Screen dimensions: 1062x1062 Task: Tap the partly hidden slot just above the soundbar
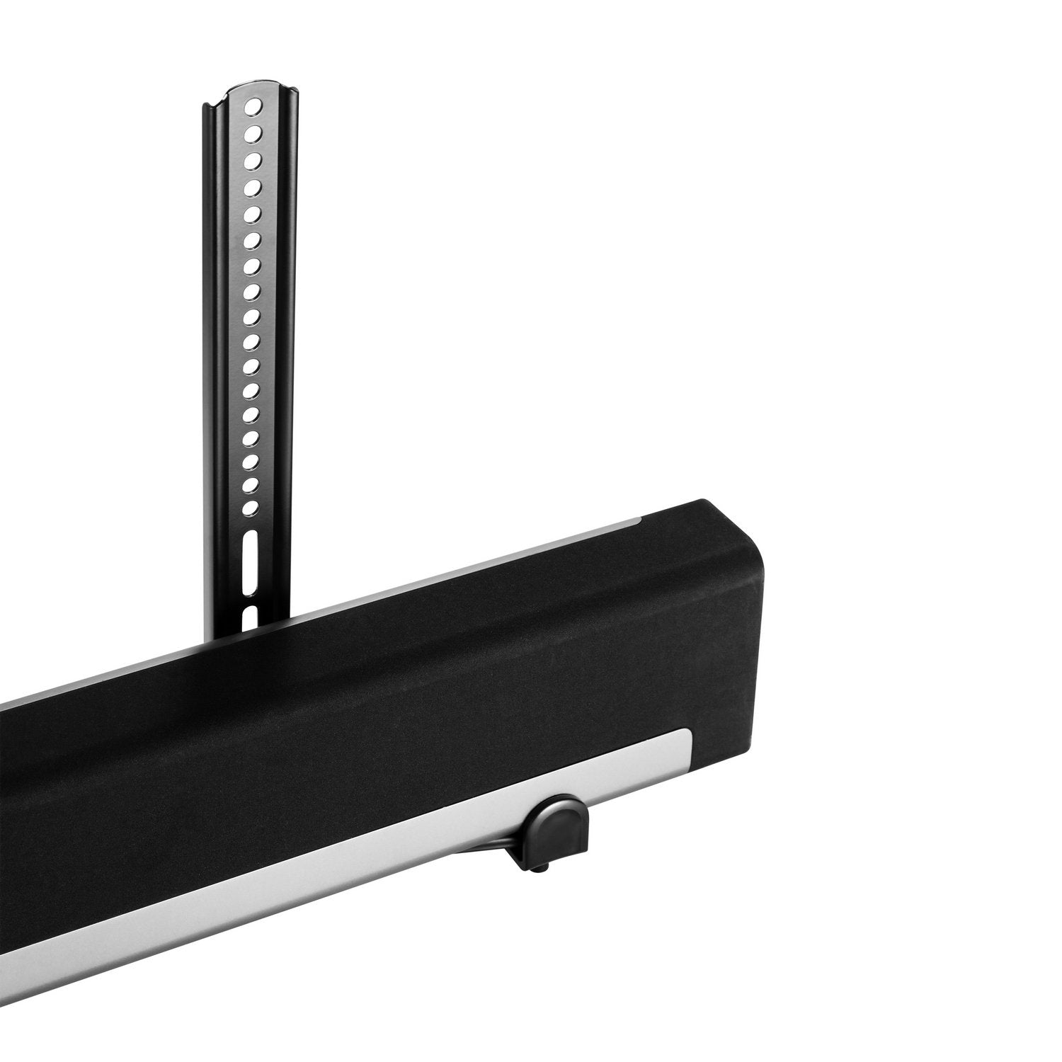coord(247,617)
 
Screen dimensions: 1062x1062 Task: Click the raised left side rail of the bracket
coord(210,354)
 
